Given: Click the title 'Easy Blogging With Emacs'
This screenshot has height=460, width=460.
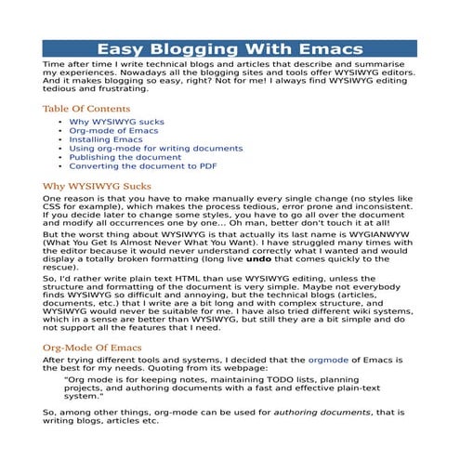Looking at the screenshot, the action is pyautogui.click(x=230, y=49).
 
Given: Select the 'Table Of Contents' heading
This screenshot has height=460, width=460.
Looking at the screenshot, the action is pyautogui.click(x=85, y=109).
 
